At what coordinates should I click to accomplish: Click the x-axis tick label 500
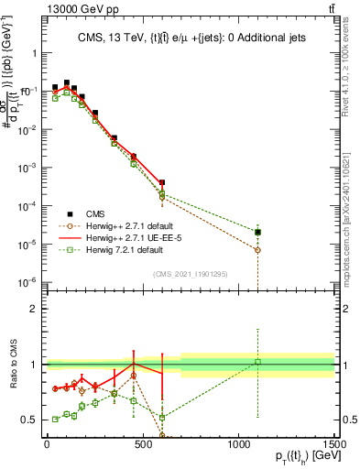tap(143, 444)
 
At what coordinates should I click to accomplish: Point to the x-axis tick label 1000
tap(239, 444)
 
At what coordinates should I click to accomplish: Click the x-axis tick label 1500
tap(334, 444)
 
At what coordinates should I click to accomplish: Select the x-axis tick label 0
tap(47, 444)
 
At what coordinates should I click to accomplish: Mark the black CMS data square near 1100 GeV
tap(258, 232)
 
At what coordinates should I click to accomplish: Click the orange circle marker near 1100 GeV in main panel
tap(258, 249)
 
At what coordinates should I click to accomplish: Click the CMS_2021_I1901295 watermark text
tap(190, 273)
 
